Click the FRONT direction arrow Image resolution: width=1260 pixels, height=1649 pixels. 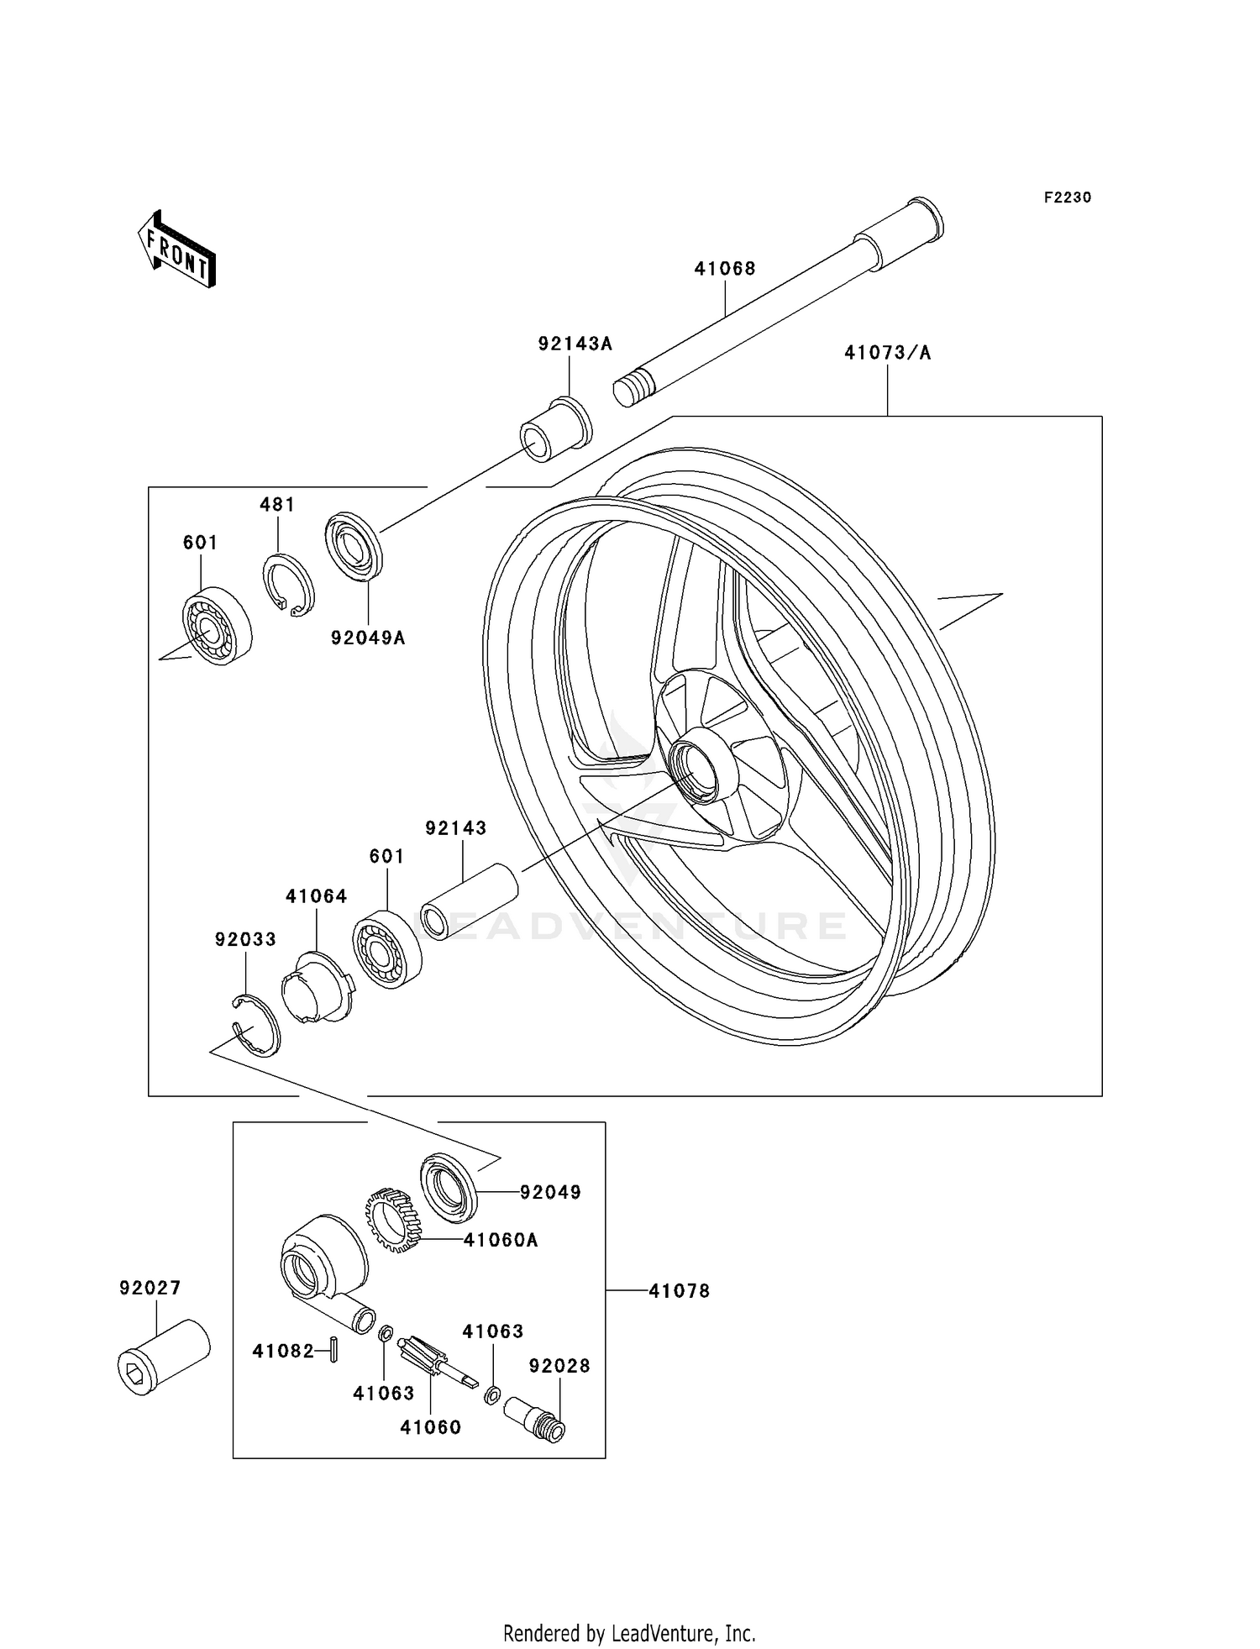(x=177, y=249)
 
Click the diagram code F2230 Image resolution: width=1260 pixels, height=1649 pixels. (x=1067, y=197)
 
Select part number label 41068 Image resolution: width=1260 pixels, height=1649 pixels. (x=724, y=269)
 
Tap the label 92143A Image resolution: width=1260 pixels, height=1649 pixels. (x=575, y=344)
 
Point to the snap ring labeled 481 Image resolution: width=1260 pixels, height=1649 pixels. (x=288, y=585)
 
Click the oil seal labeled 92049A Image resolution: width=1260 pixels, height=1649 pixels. (x=354, y=546)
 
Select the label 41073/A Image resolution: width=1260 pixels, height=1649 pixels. (x=887, y=353)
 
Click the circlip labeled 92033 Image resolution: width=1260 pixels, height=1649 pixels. (x=256, y=1024)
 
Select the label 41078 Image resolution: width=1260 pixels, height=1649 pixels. (x=679, y=1291)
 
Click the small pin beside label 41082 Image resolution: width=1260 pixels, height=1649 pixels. (x=333, y=1351)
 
